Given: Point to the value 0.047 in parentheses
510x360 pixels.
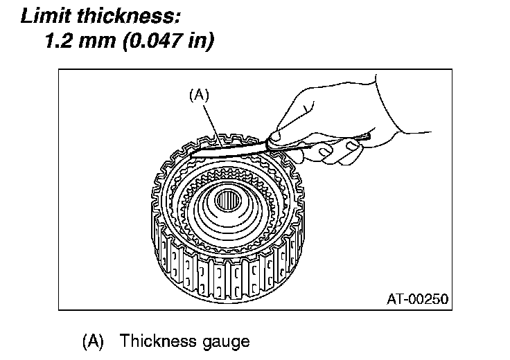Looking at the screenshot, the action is (x=154, y=42).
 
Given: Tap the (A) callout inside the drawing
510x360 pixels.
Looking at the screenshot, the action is (x=199, y=96).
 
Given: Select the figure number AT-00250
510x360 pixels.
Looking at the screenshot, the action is (x=418, y=299).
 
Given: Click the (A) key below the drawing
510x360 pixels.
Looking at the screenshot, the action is (x=93, y=341).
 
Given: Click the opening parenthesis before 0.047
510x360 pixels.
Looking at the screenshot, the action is (x=124, y=42).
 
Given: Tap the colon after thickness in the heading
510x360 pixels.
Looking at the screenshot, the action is (x=184, y=16).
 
